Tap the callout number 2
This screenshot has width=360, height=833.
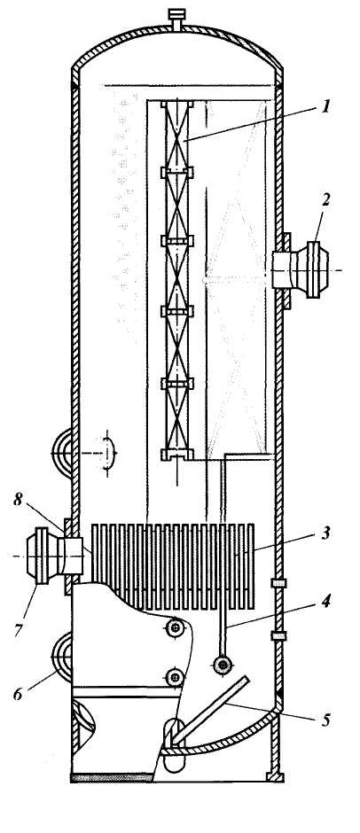click(x=325, y=201)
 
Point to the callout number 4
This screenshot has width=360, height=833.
click(x=326, y=601)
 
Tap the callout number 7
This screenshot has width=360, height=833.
click(x=20, y=631)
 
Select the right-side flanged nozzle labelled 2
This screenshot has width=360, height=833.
click(x=300, y=270)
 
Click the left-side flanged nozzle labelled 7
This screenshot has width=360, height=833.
click(x=55, y=555)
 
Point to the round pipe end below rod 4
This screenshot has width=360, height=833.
click(x=222, y=664)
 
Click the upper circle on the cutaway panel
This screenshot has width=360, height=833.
click(x=175, y=628)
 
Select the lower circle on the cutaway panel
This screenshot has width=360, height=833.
click(x=175, y=677)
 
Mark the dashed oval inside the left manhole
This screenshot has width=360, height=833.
click(x=108, y=453)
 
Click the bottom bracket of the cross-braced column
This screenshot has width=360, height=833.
click(x=177, y=455)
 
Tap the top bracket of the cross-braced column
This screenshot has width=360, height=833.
click(x=177, y=105)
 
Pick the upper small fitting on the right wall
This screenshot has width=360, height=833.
click(x=278, y=583)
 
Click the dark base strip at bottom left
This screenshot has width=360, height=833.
click(x=112, y=778)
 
